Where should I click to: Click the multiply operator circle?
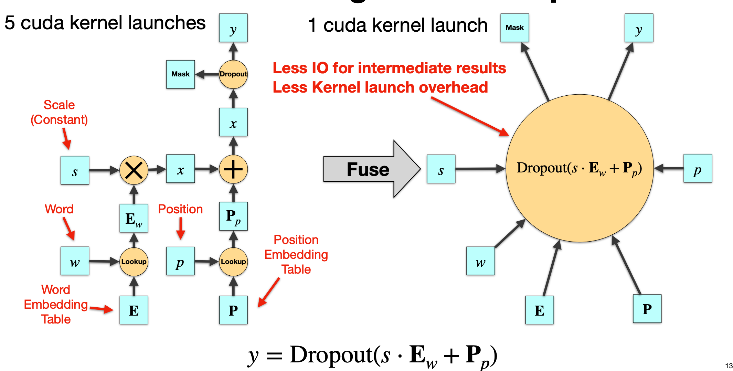[x=134, y=170]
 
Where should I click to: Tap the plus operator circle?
[x=233, y=169]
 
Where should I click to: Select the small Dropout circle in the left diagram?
[x=233, y=74]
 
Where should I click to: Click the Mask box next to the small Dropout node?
[x=180, y=74]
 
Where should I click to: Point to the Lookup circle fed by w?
[x=134, y=262]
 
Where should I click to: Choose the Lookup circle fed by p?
[x=233, y=262]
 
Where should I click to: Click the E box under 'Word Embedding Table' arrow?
[x=134, y=310]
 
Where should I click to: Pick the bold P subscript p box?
[x=233, y=216]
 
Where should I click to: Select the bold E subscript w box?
[x=134, y=218]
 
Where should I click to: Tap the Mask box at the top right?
[x=514, y=28]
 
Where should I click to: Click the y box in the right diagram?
[x=639, y=28]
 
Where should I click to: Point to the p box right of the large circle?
[x=698, y=168]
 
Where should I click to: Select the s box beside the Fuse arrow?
[x=441, y=169]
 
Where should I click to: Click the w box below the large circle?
[x=480, y=261]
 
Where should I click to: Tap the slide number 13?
[x=729, y=366]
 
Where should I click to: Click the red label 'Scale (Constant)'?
[x=59, y=112]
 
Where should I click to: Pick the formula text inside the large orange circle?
[x=579, y=168]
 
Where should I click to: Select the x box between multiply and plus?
[x=180, y=169]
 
